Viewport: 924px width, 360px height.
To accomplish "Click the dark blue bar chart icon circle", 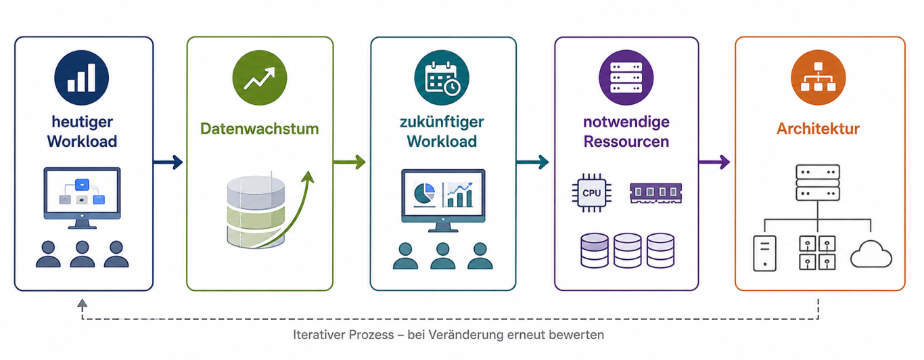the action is [x=82, y=78].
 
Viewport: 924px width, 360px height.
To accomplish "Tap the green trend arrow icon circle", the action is [x=260, y=78].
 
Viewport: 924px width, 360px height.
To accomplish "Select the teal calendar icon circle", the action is [x=442, y=78].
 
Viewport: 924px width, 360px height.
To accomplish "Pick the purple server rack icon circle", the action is [x=626, y=78].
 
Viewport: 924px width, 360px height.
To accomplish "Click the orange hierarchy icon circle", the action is [x=818, y=78].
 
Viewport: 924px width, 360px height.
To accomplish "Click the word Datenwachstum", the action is [x=260, y=129].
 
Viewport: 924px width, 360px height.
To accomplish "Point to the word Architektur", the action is [x=818, y=129].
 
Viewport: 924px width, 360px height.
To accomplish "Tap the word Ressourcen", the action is [x=626, y=141].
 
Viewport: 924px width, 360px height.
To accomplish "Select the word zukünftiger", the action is [x=442, y=122].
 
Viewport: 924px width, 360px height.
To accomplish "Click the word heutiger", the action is [x=82, y=122].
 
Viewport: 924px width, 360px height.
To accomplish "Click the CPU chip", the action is [x=591, y=193].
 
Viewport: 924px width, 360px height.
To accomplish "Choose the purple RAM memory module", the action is [x=656, y=193].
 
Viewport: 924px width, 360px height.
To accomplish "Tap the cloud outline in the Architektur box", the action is [x=871, y=254].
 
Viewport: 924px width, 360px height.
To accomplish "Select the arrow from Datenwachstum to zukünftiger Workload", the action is [x=350, y=162].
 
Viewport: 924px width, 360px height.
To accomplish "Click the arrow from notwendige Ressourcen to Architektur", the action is [x=714, y=162].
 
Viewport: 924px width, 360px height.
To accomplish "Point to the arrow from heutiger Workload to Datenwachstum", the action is [x=168, y=162].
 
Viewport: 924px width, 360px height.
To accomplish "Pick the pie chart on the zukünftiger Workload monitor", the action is [x=423, y=194].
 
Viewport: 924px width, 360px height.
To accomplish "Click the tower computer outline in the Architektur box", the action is [x=764, y=254].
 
